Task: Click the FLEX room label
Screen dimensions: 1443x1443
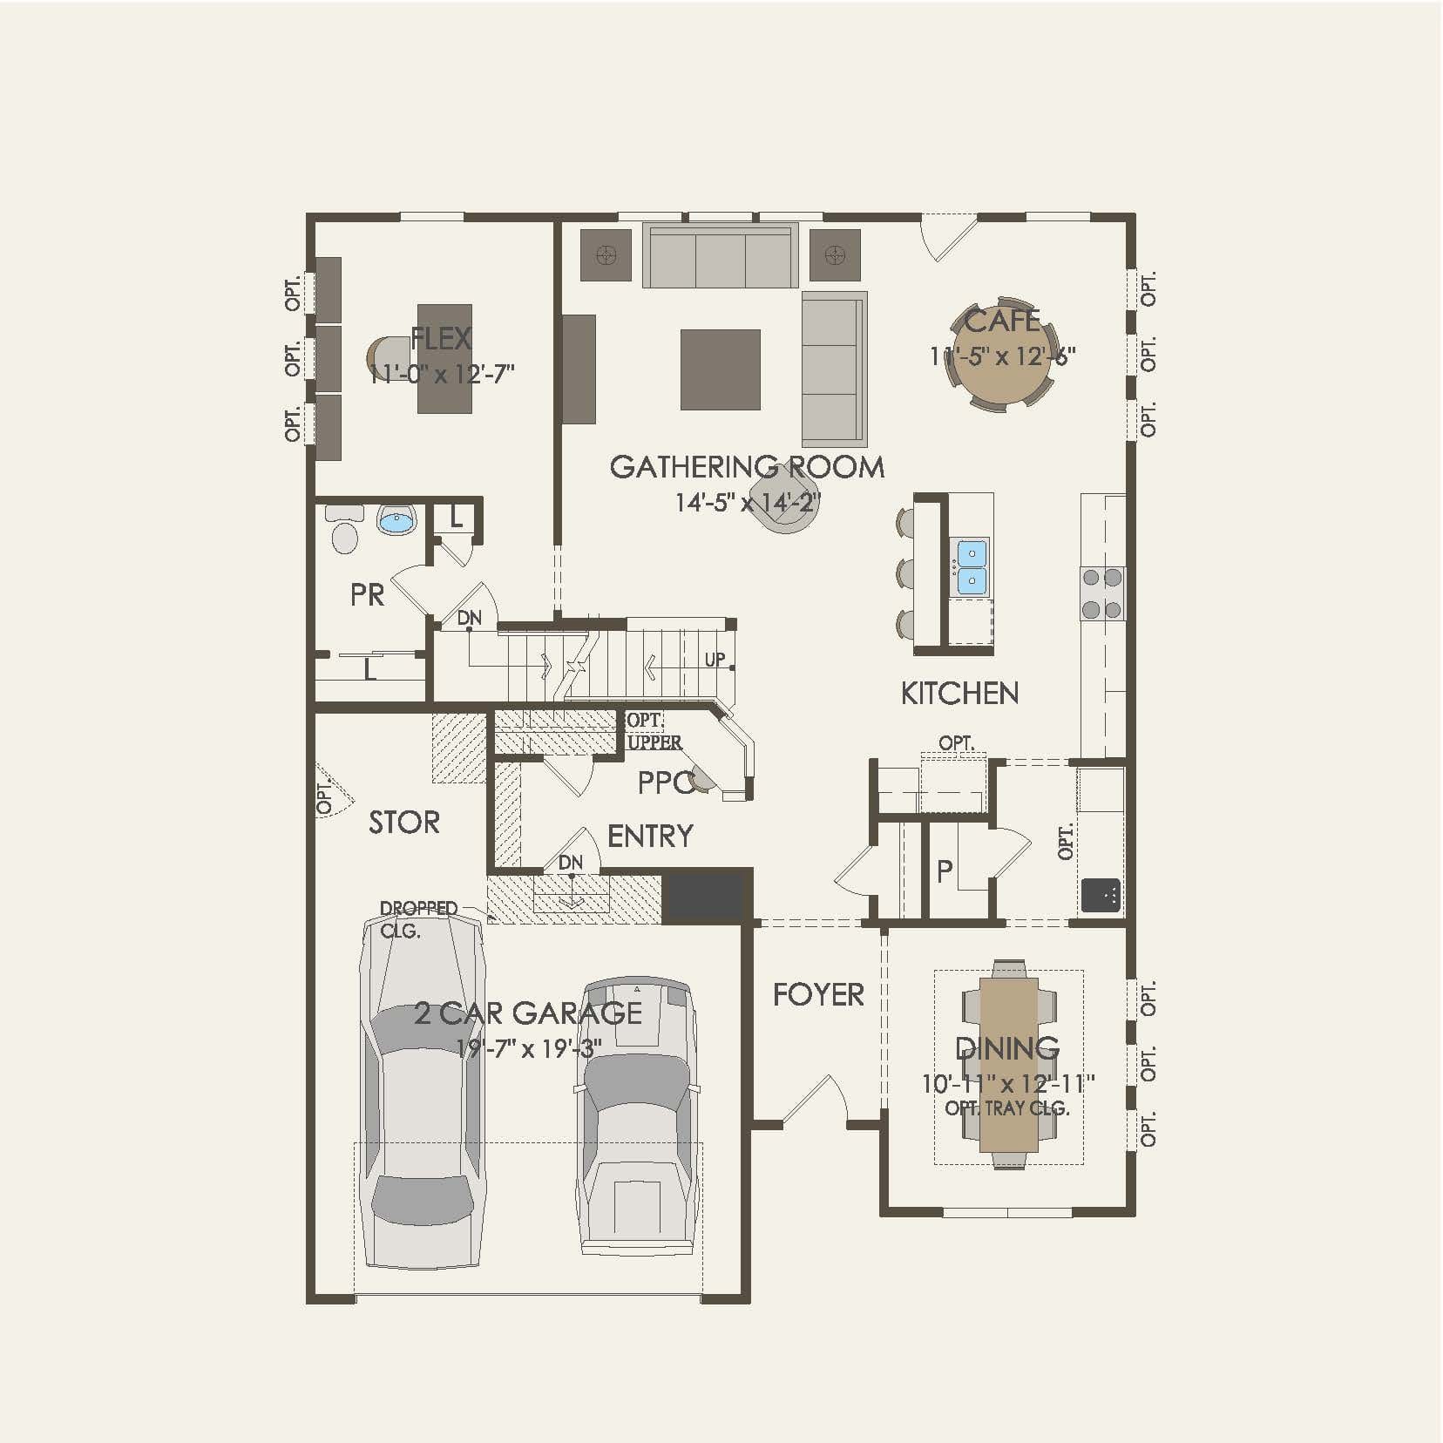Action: click(441, 338)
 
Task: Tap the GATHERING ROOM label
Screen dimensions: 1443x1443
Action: click(747, 467)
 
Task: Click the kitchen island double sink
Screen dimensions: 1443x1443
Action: click(972, 567)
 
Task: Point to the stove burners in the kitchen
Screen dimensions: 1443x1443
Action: click(1102, 593)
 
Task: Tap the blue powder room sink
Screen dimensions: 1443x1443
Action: click(396, 522)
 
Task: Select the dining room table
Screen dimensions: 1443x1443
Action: click(1009, 1064)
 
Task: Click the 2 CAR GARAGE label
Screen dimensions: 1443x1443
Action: click(528, 1013)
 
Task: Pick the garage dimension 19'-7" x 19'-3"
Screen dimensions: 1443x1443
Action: click(528, 1048)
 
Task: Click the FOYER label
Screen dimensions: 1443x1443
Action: click(818, 994)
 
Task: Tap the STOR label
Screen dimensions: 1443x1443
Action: click(403, 823)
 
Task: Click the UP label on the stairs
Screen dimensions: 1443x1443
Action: click(715, 660)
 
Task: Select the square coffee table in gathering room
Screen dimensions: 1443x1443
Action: click(720, 369)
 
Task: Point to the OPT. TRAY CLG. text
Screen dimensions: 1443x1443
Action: click(1007, 1108)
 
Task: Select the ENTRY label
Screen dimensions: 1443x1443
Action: click(650, 837)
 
